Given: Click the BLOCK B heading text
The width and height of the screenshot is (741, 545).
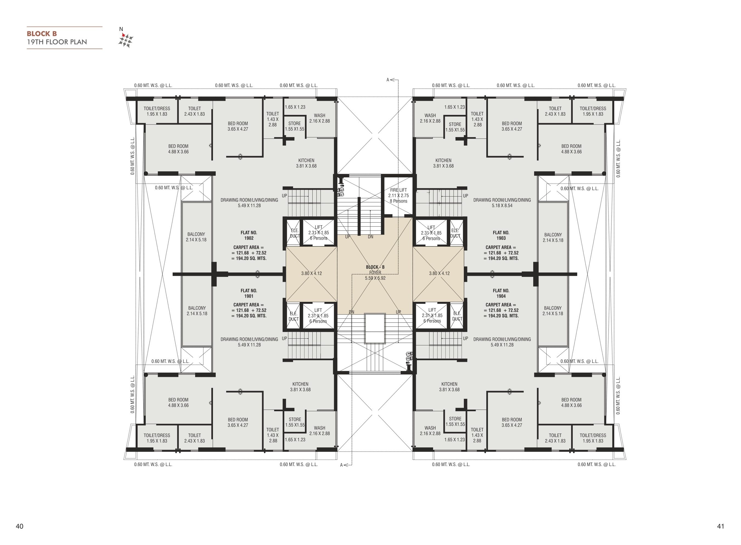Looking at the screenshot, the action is click(x=42, y=34).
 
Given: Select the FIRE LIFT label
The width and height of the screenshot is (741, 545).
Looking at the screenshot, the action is click(x=398, y=190).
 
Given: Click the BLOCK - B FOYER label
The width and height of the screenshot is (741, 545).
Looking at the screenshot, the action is click(x=375, y=270).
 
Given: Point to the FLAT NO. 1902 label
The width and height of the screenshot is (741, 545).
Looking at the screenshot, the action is click(x=249, y=235).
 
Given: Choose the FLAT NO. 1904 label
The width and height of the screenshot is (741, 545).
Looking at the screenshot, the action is click(x=501, y=293).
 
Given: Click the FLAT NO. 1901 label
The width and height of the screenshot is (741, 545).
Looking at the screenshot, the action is click(x=249, y=293).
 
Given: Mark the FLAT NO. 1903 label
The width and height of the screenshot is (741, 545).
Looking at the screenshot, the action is click(x=501, y=235).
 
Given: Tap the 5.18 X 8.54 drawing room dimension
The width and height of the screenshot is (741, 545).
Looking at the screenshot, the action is click(x=502, y=206).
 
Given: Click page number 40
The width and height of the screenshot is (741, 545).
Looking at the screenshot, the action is click(x=19, y=526).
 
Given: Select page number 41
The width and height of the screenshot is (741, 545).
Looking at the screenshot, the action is click(x=721, y=526).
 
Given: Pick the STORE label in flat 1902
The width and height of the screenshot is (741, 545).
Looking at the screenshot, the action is click(x=294, y=123).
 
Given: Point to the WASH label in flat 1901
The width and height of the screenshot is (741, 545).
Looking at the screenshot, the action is click(x=320, y=428).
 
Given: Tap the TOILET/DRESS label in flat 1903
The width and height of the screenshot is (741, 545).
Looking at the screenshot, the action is click(x=593, y=108).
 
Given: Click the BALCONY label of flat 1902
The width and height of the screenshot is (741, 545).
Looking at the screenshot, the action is click(x=196, y=234).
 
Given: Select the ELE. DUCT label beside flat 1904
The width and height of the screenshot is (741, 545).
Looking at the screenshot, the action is click(x=457, y=316).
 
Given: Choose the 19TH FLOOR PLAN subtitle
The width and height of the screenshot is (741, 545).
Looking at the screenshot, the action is click(x=57, y=42).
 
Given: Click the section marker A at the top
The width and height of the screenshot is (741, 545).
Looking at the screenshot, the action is click(x=388, y=80).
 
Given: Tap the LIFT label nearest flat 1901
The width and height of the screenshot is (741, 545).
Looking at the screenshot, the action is click(x=318, y=310).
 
